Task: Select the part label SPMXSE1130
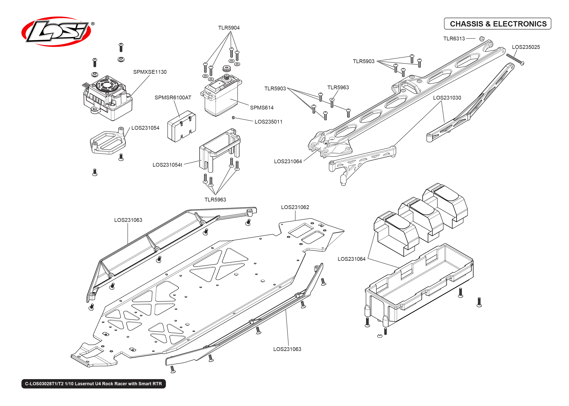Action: coord(150,72)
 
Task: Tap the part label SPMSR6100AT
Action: coord(173,98)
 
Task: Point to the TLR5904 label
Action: coord(229,28)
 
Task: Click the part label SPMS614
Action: coord(261,108)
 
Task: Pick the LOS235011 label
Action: coord(268,122)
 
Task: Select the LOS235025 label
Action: coord(525,47)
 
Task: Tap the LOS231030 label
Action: coord(447,98)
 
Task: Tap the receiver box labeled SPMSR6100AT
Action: coord(181,127)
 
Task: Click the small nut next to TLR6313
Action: coord(482,39)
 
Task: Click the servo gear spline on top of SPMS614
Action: coord(226,69)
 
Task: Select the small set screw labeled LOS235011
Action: coord(233,117)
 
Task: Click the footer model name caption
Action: coord(93,384)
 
